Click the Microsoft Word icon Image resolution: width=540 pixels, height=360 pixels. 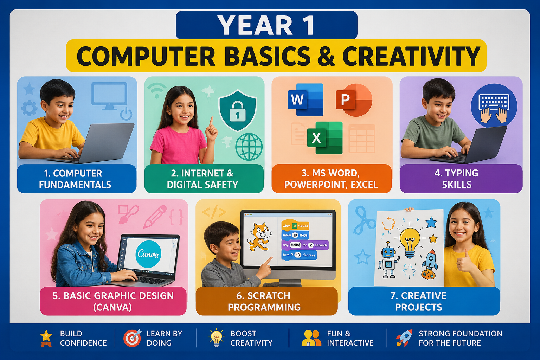[306, 99]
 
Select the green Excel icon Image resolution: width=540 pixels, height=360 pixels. [325, 138]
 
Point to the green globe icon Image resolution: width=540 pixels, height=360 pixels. [249, 147]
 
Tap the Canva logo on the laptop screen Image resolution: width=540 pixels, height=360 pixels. [148, 254]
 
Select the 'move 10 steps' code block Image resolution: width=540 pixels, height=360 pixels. [295, 235]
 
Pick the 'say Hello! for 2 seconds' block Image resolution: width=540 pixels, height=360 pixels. [305, 245]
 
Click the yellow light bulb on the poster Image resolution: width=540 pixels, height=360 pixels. [410, 242]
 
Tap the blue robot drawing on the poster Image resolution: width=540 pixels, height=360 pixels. [388, 259]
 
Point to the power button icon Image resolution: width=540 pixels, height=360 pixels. [126, 114]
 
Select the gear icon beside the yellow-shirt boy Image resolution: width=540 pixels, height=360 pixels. [30, 108]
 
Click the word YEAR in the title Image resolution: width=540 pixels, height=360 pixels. [255, 25]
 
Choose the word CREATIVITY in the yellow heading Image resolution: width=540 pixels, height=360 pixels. [412, 56]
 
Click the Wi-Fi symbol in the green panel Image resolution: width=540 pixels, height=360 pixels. [157, 91]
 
